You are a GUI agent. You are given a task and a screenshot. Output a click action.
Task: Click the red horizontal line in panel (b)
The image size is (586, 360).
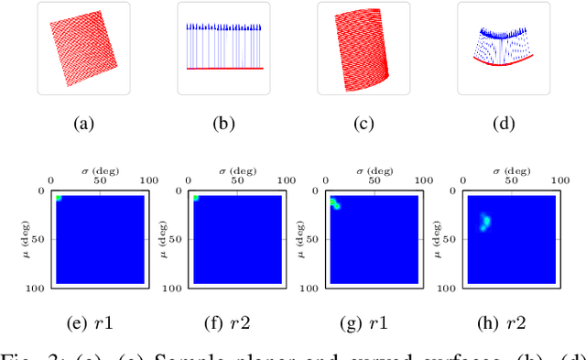pos(223,69)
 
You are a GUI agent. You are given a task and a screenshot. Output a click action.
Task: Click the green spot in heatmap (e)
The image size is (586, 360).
pos(58,198)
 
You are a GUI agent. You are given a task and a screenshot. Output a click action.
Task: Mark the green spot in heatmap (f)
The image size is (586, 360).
pos(196,197)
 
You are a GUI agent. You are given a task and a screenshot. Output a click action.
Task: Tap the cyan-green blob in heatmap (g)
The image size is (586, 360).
pos(336,204)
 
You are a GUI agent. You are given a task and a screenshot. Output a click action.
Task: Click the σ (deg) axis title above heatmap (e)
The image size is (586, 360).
pos(98,169)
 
